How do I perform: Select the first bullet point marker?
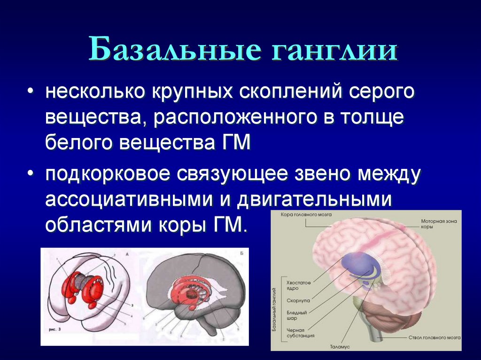(x=31, y=91)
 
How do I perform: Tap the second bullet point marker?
(x=31, y=174)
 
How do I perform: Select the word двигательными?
(x=314, y=199)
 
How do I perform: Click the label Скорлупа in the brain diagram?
(x=297, y=299)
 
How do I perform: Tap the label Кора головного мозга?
(x=306, y=214)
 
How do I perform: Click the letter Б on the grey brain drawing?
(x=241, y=253)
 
